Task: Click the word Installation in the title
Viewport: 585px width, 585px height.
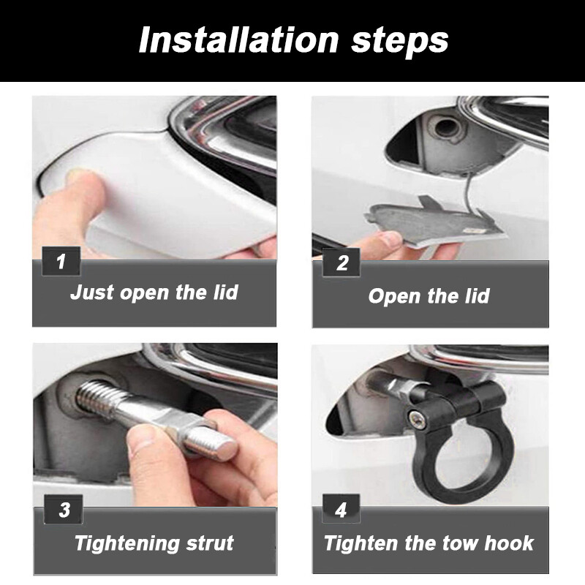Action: (x=238, y=40)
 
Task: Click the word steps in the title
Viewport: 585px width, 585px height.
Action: (x=399, y=42)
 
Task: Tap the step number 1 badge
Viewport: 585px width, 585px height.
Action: (x=61, y=261)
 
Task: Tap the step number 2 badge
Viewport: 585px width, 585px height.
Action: (x=341, y=263)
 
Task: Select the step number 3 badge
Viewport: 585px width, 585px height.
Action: (x=63, y=509)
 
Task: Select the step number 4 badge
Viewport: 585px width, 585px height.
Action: (x=341, y=508)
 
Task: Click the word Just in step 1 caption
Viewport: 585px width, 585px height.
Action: (x=92, y=292)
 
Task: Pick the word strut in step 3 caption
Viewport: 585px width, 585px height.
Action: (x=210, y=543)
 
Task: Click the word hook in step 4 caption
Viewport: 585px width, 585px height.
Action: (x=509, y=543)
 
